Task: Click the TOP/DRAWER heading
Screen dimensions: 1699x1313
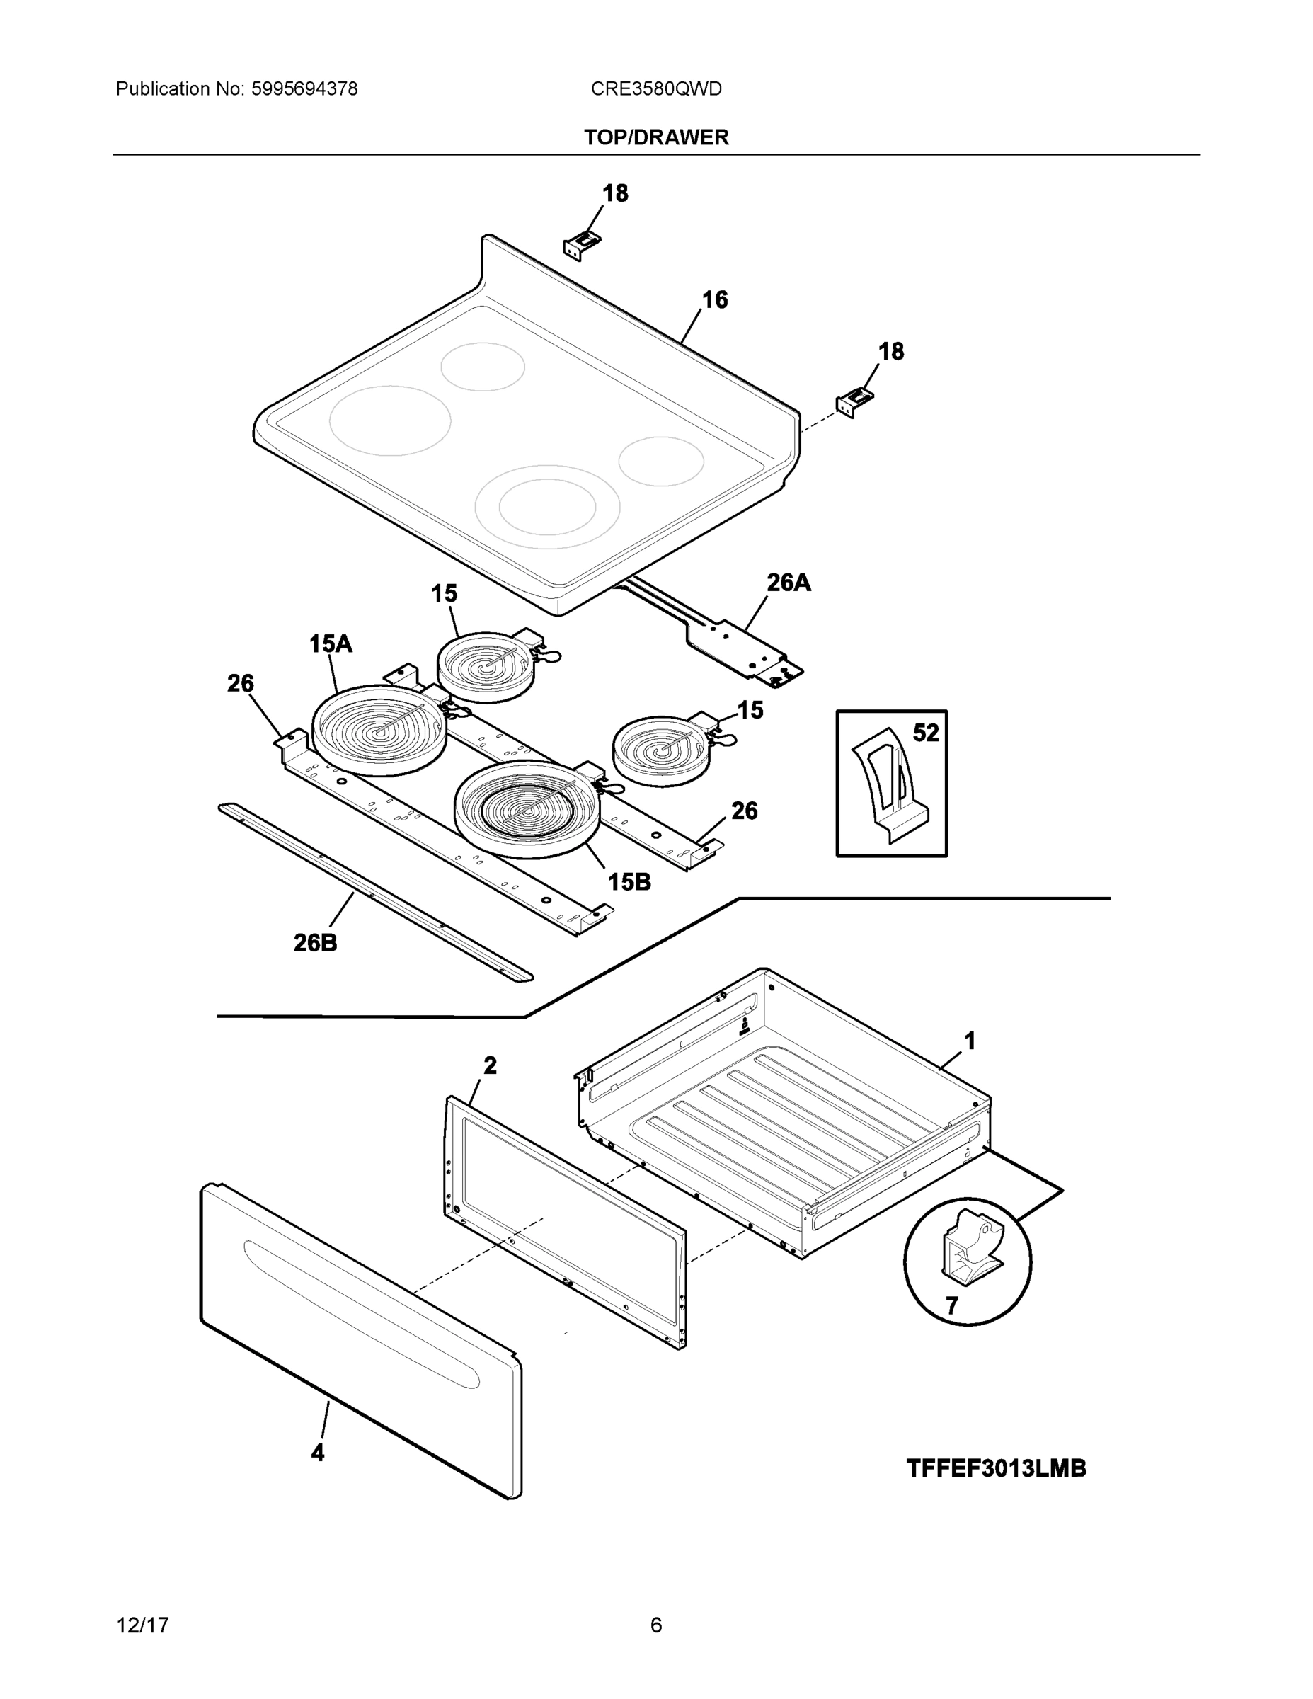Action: point(655,138)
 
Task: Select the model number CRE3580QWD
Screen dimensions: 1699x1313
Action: point(655,89)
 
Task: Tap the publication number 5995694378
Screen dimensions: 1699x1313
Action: point(304,89)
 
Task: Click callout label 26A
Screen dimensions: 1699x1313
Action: point(788,583)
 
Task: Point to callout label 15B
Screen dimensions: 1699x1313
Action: point(629,882)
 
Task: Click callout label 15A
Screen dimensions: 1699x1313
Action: point(331,643)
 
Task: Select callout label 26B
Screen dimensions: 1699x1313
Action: point(315,943)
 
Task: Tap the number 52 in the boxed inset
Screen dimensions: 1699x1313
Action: point(926,733)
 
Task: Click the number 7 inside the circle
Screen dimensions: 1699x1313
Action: point(951,1306)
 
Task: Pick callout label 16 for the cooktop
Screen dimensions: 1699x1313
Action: point(714,299)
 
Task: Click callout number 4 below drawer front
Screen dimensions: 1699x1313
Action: point(317,1453)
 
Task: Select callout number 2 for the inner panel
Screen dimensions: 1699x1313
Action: point(489,1065)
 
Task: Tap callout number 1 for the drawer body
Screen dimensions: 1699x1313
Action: point(969,1041)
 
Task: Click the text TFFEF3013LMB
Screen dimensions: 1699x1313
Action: point(996,1469)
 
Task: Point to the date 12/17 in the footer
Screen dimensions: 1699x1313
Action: point(142,1625)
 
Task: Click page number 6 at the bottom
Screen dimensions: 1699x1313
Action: point(655,1625)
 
